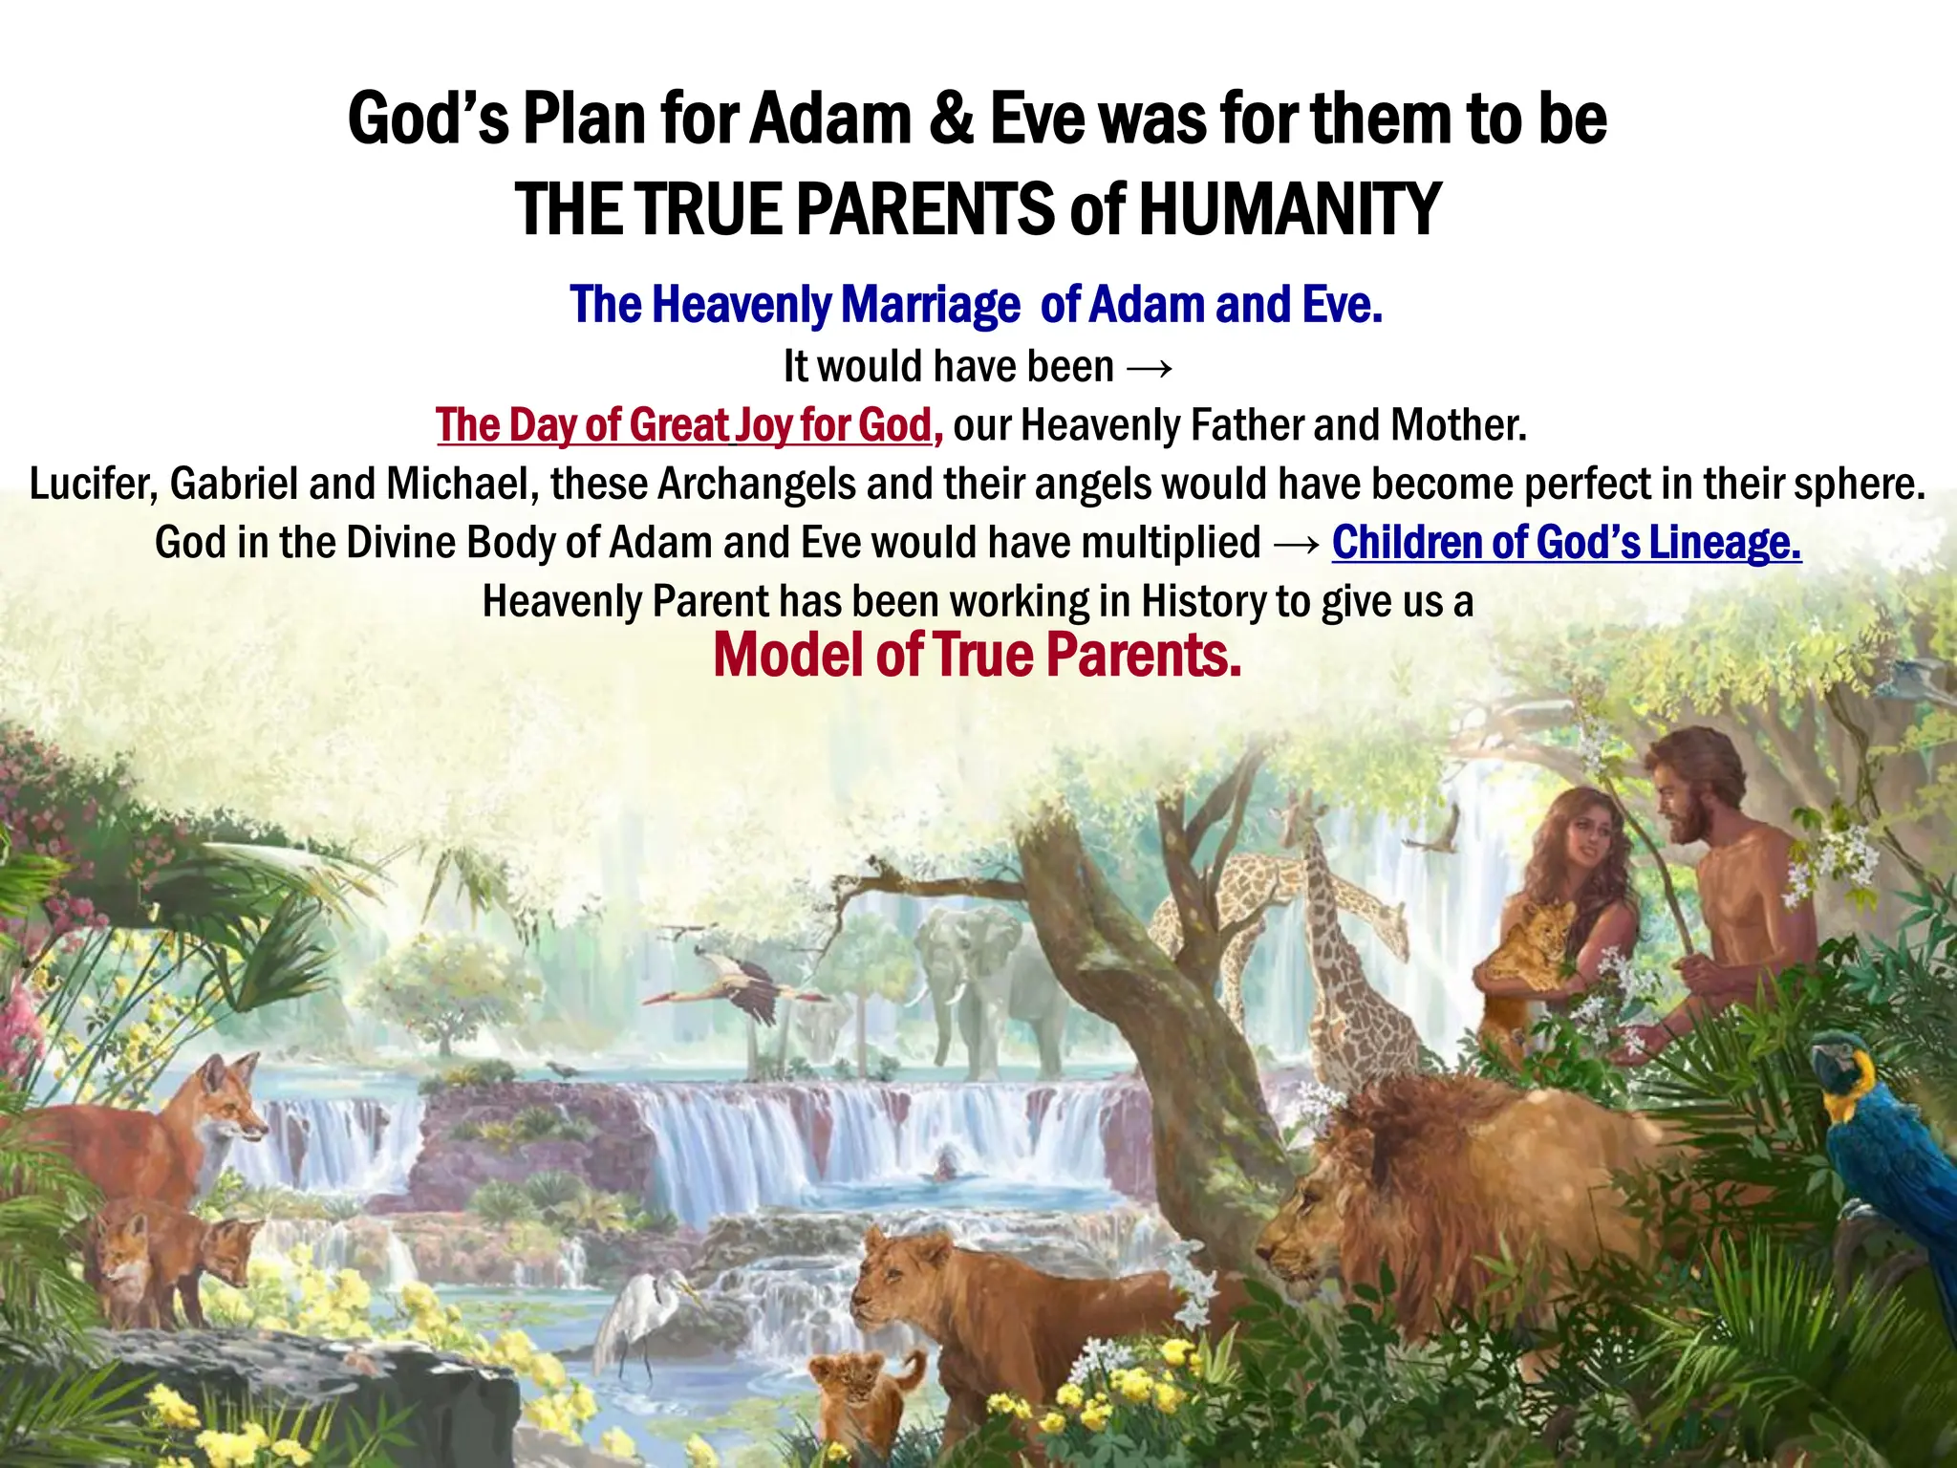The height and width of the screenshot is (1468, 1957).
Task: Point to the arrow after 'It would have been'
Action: [1149, 367]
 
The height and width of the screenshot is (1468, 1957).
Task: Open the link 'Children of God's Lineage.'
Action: [1566, 543]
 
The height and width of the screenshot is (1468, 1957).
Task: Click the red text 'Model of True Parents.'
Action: [977, 656]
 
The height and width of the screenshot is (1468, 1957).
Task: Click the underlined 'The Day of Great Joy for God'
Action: [683, 425]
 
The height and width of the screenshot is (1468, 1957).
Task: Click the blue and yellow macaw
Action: [1887, 1137]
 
